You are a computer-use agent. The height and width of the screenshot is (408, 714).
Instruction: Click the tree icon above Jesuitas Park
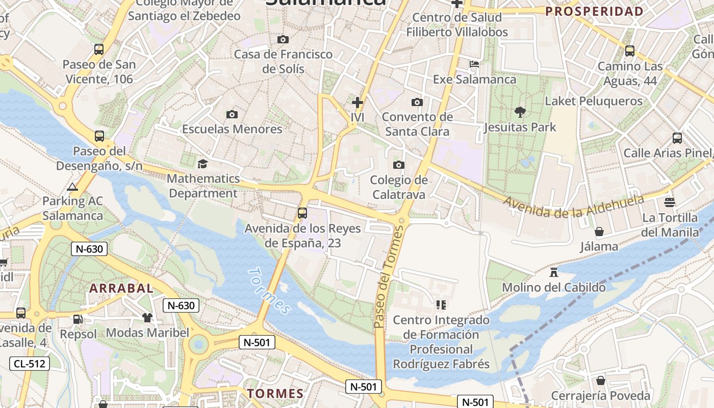(520, 112)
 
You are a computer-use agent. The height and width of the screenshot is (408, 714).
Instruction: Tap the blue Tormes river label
(269, 291)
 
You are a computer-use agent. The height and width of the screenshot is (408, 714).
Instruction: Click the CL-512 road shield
(30, 364)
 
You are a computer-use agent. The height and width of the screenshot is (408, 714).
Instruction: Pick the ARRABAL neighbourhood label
(121, 288)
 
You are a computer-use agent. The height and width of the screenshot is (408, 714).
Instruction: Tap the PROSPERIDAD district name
(594, 11)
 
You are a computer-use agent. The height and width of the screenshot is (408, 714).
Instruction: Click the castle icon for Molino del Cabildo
(554, 272)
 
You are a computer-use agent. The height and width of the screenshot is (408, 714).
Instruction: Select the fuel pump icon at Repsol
(78, 319)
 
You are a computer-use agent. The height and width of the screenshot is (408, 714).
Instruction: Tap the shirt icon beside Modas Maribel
(147, 318)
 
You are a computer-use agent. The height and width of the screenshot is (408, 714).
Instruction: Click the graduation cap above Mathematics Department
(203, 164)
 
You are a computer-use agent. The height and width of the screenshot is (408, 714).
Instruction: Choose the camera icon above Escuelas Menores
(232, 114)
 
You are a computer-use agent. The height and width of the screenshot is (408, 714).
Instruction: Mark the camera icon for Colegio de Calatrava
(399, 165)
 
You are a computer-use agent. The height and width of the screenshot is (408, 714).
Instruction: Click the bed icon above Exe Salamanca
(474, 64)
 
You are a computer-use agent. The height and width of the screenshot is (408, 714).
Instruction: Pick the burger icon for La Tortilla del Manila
(670, 202)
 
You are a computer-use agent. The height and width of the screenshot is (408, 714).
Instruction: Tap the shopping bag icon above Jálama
(599, 232)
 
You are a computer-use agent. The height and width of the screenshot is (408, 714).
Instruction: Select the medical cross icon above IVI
(358, 103)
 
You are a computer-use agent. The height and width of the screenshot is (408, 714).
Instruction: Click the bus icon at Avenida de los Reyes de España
(302, 213)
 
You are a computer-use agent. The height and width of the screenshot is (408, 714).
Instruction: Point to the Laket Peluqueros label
(594, 101)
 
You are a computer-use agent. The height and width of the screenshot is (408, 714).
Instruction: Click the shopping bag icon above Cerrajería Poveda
(601, 380)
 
